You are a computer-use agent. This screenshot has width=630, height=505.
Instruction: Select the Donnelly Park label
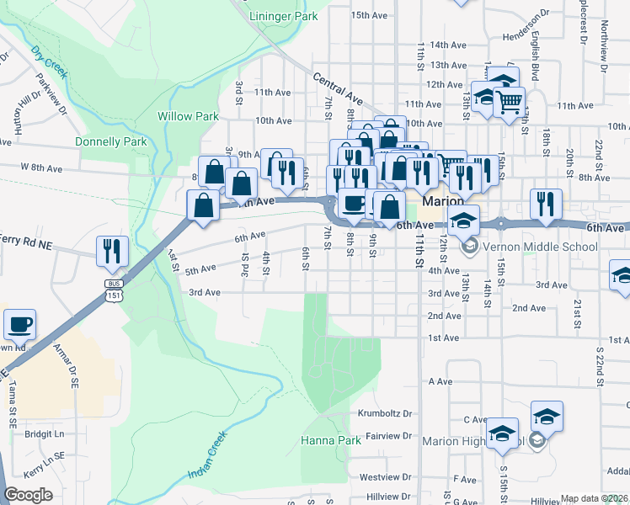(x=110, y=141)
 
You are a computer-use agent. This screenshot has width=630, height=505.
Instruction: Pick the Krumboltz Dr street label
(x=384, y=414)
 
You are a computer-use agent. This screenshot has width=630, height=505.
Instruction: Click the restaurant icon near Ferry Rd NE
(x=111, y=249)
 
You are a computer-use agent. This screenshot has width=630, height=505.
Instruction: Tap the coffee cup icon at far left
(x=19, y=324)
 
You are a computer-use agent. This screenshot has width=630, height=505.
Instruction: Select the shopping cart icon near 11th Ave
(x=509, y=102)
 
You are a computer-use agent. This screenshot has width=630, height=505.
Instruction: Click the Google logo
(x=28, y=495)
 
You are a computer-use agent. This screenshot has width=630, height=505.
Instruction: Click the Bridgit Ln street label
(x=44, y=434)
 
